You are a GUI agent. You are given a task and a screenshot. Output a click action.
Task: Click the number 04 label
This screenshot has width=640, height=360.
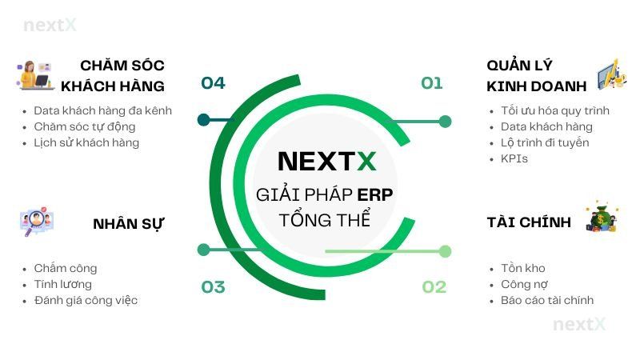213,83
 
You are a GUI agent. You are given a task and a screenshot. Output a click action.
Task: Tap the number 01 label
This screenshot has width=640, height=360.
431,83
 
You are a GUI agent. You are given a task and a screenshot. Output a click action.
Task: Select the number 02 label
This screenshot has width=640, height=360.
434,287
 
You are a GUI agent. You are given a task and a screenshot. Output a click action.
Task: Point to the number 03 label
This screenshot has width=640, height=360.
213,287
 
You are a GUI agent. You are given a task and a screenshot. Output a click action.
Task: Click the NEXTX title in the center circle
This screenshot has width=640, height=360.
326,162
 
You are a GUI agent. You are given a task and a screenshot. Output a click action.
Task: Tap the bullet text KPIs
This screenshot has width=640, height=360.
514,158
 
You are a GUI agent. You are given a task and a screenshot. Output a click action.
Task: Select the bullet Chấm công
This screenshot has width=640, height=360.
66,268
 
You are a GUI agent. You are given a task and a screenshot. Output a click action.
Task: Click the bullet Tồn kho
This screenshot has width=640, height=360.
522,268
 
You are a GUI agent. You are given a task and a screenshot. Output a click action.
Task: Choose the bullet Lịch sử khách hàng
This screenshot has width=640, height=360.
86,142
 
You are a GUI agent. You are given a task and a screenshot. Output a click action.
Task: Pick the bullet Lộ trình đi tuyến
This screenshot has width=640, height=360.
545,142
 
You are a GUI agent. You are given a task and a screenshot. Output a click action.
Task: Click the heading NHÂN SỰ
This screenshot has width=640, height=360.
128,222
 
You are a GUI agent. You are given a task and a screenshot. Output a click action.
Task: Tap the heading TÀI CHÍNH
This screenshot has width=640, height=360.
529,222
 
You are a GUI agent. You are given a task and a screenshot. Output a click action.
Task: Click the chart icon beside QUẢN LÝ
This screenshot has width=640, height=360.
606,74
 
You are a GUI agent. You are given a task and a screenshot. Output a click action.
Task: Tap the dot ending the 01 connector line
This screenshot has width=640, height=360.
445,122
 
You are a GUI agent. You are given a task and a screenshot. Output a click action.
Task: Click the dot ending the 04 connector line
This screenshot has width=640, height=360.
203,121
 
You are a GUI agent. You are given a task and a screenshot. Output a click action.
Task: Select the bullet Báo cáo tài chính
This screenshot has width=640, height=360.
547,300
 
